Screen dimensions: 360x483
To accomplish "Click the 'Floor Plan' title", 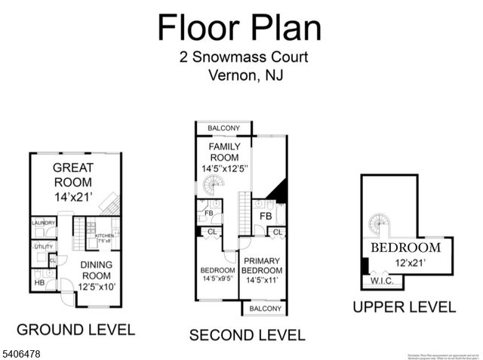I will pyautogui.click(x=239, y=27).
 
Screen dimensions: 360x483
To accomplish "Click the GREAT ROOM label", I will pyautogui.click(x=73, y=182).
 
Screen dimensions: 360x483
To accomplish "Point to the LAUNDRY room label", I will pyautogui.click(x=44, y=223).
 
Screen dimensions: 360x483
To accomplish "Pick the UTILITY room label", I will pyautogui.click(x=43, y=246).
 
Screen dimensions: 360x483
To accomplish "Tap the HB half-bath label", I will pyautogui.click(x=38, y=282).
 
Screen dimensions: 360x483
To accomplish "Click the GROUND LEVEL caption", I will pyautogui.click(x=75, y=329).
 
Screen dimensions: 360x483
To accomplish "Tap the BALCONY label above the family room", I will pyautogui.click(x=223, y=128).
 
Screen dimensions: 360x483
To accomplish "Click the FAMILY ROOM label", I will pyautogui.click(x=224, y=158).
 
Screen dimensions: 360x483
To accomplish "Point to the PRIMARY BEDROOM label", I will pyautogui.click(x=263, y=270).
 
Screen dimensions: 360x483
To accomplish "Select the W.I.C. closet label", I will pyautogui.click(x=381, y=282).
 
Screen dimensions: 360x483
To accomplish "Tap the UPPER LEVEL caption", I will pyautogui.click(x=405, y=306).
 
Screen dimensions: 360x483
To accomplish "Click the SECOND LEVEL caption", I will pyautogui.click(x=247, y=335).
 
